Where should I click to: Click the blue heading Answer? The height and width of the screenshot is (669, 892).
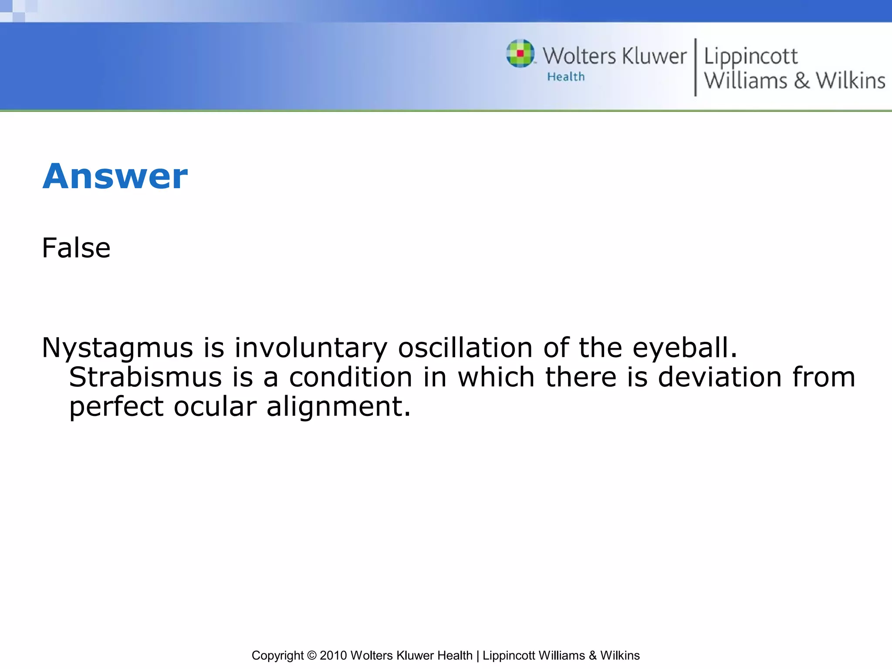click(115, 176)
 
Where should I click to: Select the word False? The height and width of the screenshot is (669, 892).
click(76, 248)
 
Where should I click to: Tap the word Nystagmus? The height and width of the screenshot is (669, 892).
click(117, 348)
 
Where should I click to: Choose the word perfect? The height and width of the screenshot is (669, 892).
click(116, 407)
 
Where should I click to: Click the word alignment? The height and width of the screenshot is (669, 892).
click(338, 407)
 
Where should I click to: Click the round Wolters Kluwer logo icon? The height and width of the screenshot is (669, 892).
click(520, 54)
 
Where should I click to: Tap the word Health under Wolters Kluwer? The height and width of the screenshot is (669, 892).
click(566, 77)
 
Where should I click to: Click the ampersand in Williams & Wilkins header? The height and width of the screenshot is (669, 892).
click(801, 81)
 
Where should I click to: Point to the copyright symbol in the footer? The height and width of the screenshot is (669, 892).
click(311, 655)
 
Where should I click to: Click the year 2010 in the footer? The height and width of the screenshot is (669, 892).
click(333, 655)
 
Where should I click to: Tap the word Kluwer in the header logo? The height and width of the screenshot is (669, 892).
click(654, 56)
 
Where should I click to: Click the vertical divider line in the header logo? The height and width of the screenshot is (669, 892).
click(695, 67)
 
